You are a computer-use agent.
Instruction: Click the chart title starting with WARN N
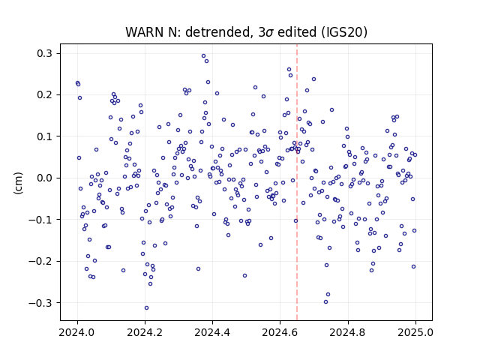(x=246, y=32)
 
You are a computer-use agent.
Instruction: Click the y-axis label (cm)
(x=18, y=183)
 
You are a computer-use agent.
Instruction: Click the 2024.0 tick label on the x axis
(x=77, y=332)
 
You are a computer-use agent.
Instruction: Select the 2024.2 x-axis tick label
(x=145, y=332)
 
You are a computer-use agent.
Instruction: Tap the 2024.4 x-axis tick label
(x=212, y=332)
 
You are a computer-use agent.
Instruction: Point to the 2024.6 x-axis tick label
(x=280, y=332)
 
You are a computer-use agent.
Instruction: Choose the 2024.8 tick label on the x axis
(x=347, y=332)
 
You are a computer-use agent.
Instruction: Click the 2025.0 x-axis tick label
(x=415, y=332)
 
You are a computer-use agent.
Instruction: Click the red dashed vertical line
(x=297, y=182)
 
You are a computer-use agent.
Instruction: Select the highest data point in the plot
(x=203, y=56)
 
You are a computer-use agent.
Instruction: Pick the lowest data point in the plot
(x=147, y=308)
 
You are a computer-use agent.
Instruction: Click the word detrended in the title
(x=217, y=32)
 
